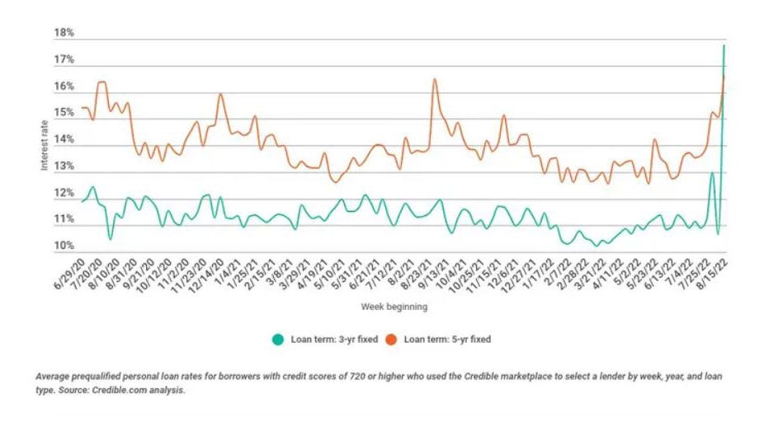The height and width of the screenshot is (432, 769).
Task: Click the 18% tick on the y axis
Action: (64, 33)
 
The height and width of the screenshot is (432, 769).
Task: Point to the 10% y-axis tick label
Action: (64, 247)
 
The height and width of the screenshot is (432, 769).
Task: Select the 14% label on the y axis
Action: (64, 140)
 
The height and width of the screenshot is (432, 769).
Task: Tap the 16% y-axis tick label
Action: (64, 87)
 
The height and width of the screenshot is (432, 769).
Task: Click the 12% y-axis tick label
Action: (64, 194)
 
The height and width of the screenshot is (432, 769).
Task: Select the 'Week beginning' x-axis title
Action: (394, 307)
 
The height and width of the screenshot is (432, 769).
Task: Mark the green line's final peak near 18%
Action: (724, 45)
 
